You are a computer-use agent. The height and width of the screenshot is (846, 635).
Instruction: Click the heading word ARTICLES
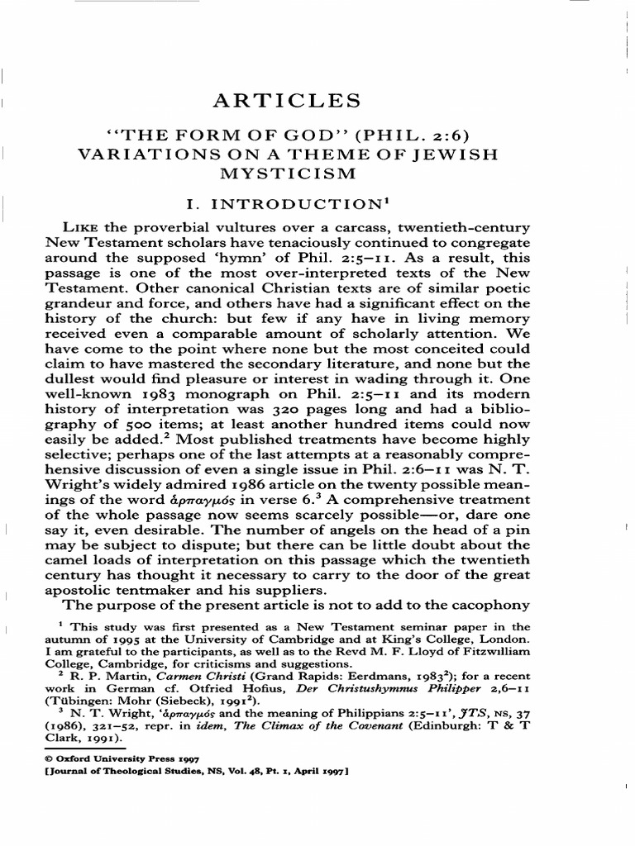coord(287,102)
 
